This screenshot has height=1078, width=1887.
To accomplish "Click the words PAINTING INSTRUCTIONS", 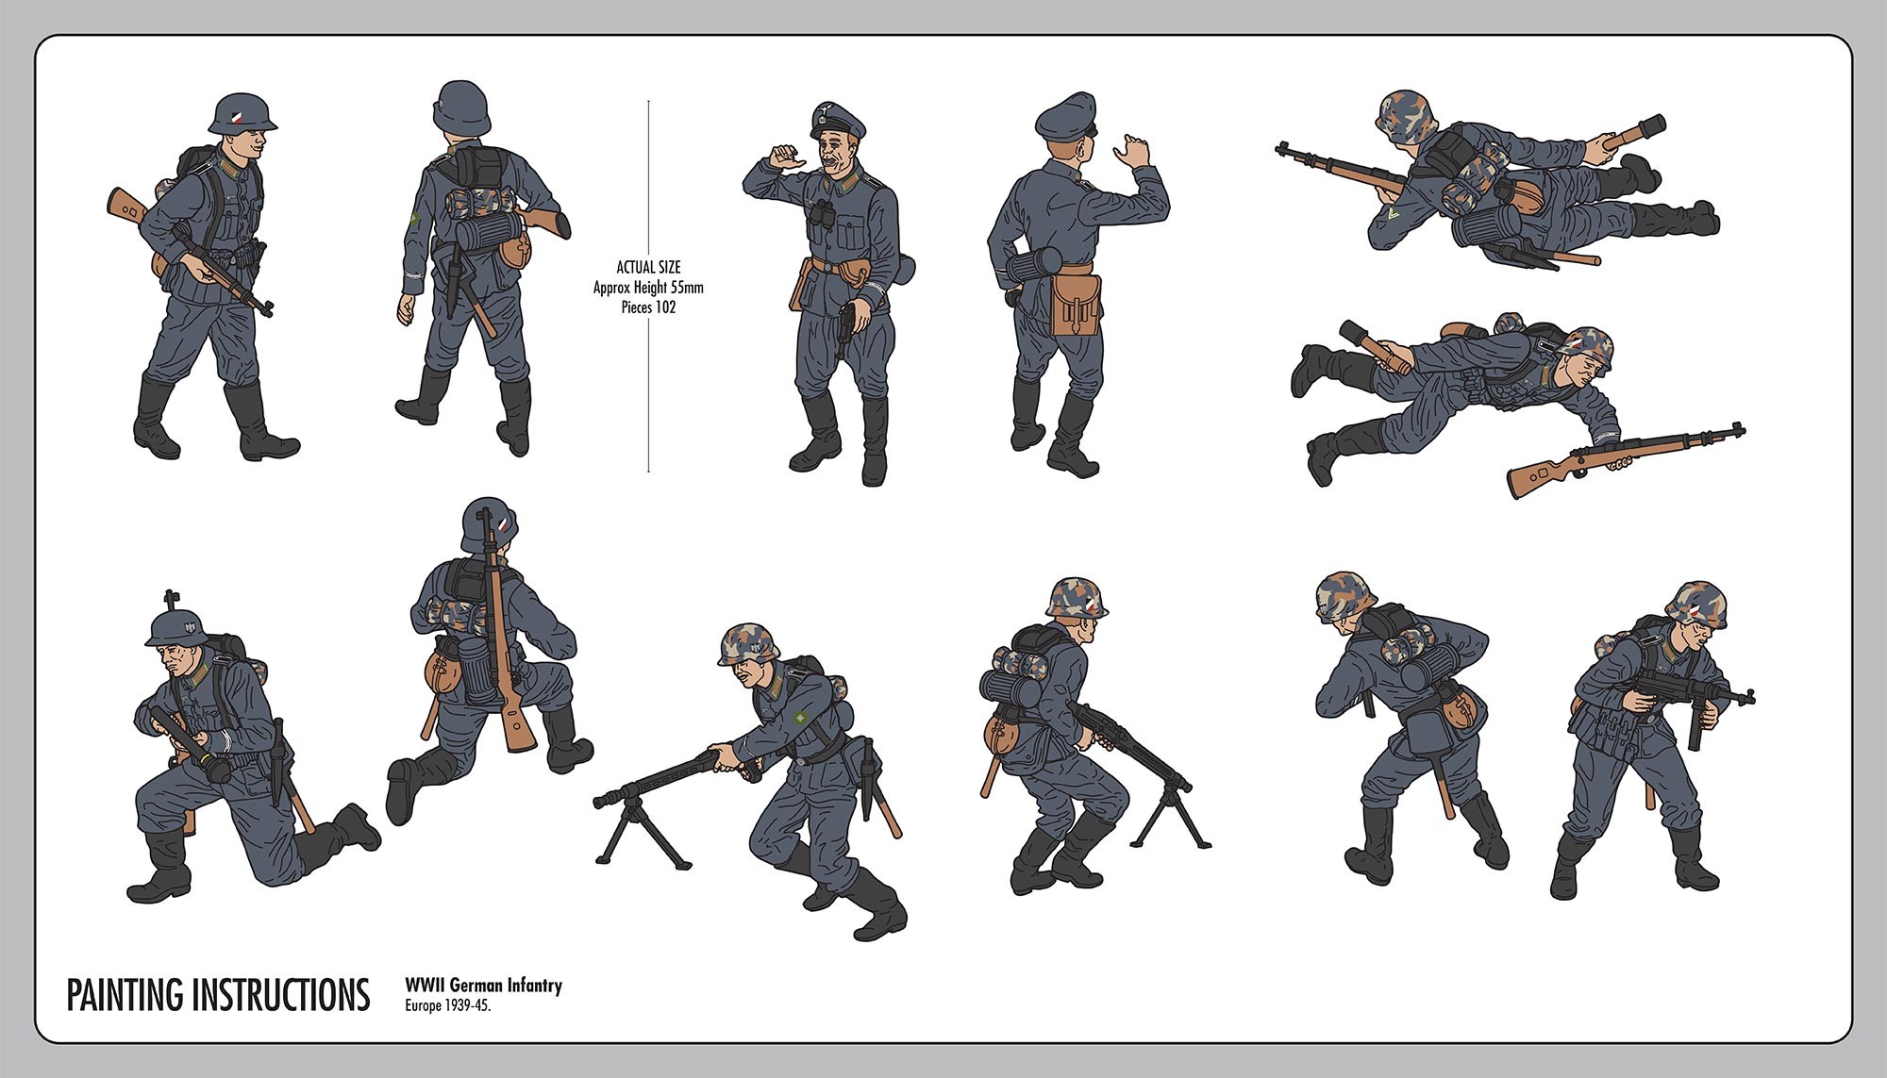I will tap(218, 995).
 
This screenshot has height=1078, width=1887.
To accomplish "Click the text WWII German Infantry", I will tap(483, 986).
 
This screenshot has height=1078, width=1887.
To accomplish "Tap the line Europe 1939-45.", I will tap(448, 1005).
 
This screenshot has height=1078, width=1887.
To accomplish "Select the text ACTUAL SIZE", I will tap(648, 268).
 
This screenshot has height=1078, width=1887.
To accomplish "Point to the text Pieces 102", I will tap(648, 307).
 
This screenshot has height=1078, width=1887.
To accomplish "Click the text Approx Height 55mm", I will tap(648, 288).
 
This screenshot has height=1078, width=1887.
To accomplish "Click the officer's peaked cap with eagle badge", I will tap(835, 120).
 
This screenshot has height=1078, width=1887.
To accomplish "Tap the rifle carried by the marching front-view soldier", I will tap(189, 250).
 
